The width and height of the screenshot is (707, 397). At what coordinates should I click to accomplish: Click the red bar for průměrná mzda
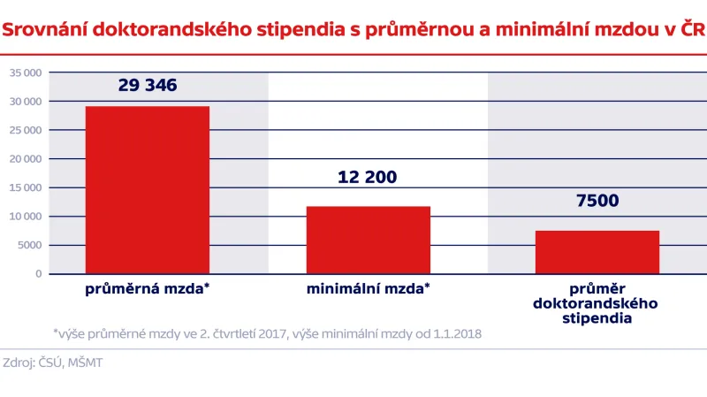(x=147, y=189)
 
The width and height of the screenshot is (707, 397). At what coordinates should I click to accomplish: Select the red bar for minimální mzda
(x=369, y=240)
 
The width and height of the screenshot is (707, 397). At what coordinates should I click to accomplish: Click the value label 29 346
(x=148, y=86)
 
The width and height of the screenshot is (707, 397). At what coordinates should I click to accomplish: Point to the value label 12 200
(x=368, y=177)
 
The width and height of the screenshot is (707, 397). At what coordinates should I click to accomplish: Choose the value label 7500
(x=597, y=201)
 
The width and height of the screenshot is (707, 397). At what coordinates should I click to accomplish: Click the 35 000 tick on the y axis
(x=26, y=73)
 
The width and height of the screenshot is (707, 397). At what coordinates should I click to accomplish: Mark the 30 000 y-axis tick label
(x=26, y=102)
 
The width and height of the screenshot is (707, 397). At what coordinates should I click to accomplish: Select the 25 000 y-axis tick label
(x=26, y=130)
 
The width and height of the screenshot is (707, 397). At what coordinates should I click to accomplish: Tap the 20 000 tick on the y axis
(x=26, y=159)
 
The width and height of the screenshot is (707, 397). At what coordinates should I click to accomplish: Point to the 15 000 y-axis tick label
(x=26, y=187)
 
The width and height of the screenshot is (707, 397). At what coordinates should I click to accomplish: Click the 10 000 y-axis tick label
(x=26, y=217)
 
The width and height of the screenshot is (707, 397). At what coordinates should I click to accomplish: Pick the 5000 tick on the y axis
(x=29, y=245)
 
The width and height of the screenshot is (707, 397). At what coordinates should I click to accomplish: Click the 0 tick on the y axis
(x=38, y=274)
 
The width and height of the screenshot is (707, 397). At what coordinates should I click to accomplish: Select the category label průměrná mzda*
(x=147, y=289)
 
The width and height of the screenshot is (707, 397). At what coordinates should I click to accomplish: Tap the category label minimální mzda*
(x=369, y=289)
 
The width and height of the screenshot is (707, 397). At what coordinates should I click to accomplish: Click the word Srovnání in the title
(x=43, y=31)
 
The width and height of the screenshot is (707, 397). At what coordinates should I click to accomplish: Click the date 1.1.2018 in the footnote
(x=452, y=334)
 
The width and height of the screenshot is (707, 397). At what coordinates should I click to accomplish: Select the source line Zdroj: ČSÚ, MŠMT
(x=52, y=363)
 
